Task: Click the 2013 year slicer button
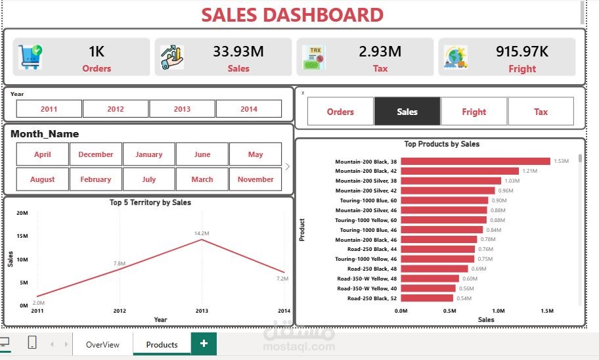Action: coord(182,109)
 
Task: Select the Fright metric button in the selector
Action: coord(474,112)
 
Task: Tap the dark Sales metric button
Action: coord(407,112)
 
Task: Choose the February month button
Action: coord(96,179)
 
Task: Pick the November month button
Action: coord(255,179)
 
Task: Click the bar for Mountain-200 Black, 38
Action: coord(475,161)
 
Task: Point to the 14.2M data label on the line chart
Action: coord(201,233)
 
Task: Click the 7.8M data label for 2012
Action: coord(119,263)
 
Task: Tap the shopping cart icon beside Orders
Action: coord(30,57)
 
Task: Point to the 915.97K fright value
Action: coord(522,51)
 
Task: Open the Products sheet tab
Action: coord(162,344)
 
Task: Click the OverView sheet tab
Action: coord(102,344)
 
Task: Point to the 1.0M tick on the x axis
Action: coord(499,311)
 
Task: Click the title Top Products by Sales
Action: coord(441,144)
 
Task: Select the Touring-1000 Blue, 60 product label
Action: coord(368,200)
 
